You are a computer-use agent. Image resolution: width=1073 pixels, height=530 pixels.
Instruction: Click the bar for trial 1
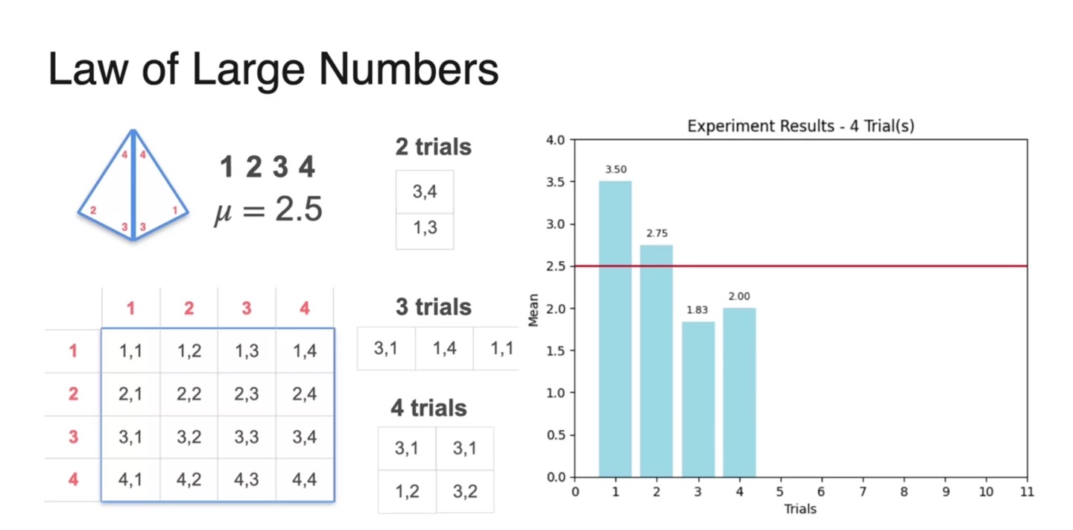(x=615, y=328)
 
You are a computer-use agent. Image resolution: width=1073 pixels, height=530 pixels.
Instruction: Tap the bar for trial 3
(x=698, y=399)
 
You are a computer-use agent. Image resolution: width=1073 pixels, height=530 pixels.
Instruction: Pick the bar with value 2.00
(x=739, y=392)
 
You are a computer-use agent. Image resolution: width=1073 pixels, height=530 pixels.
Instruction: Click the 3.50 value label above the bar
(x=615, y=170)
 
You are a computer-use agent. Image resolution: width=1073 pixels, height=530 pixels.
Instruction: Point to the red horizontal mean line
(x=894, y=265)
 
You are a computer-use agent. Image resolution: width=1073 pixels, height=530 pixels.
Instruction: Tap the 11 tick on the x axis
(x=1027, y=492)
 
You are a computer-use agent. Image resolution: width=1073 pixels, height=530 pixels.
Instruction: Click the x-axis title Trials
(x=800, y=509)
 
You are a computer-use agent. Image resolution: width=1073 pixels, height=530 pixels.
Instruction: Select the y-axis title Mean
(x=534, y=308)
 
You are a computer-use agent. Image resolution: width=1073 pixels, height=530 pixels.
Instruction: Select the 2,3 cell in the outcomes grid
(x=247, y=393)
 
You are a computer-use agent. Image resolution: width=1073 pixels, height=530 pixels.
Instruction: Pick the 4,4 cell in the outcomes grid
(x=305, y=479)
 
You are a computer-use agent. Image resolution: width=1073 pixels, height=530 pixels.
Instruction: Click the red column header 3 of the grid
(x=247, y=308)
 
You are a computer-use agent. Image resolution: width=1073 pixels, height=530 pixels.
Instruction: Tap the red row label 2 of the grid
(x=73, y=393)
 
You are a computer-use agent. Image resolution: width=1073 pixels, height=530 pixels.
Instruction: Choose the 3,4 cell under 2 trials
(x=425, y=192)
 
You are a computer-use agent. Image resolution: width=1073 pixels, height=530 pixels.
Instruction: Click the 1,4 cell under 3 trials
(x=444, y=347)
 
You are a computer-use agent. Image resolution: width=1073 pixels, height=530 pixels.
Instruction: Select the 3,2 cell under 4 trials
(x=464, y=491)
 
